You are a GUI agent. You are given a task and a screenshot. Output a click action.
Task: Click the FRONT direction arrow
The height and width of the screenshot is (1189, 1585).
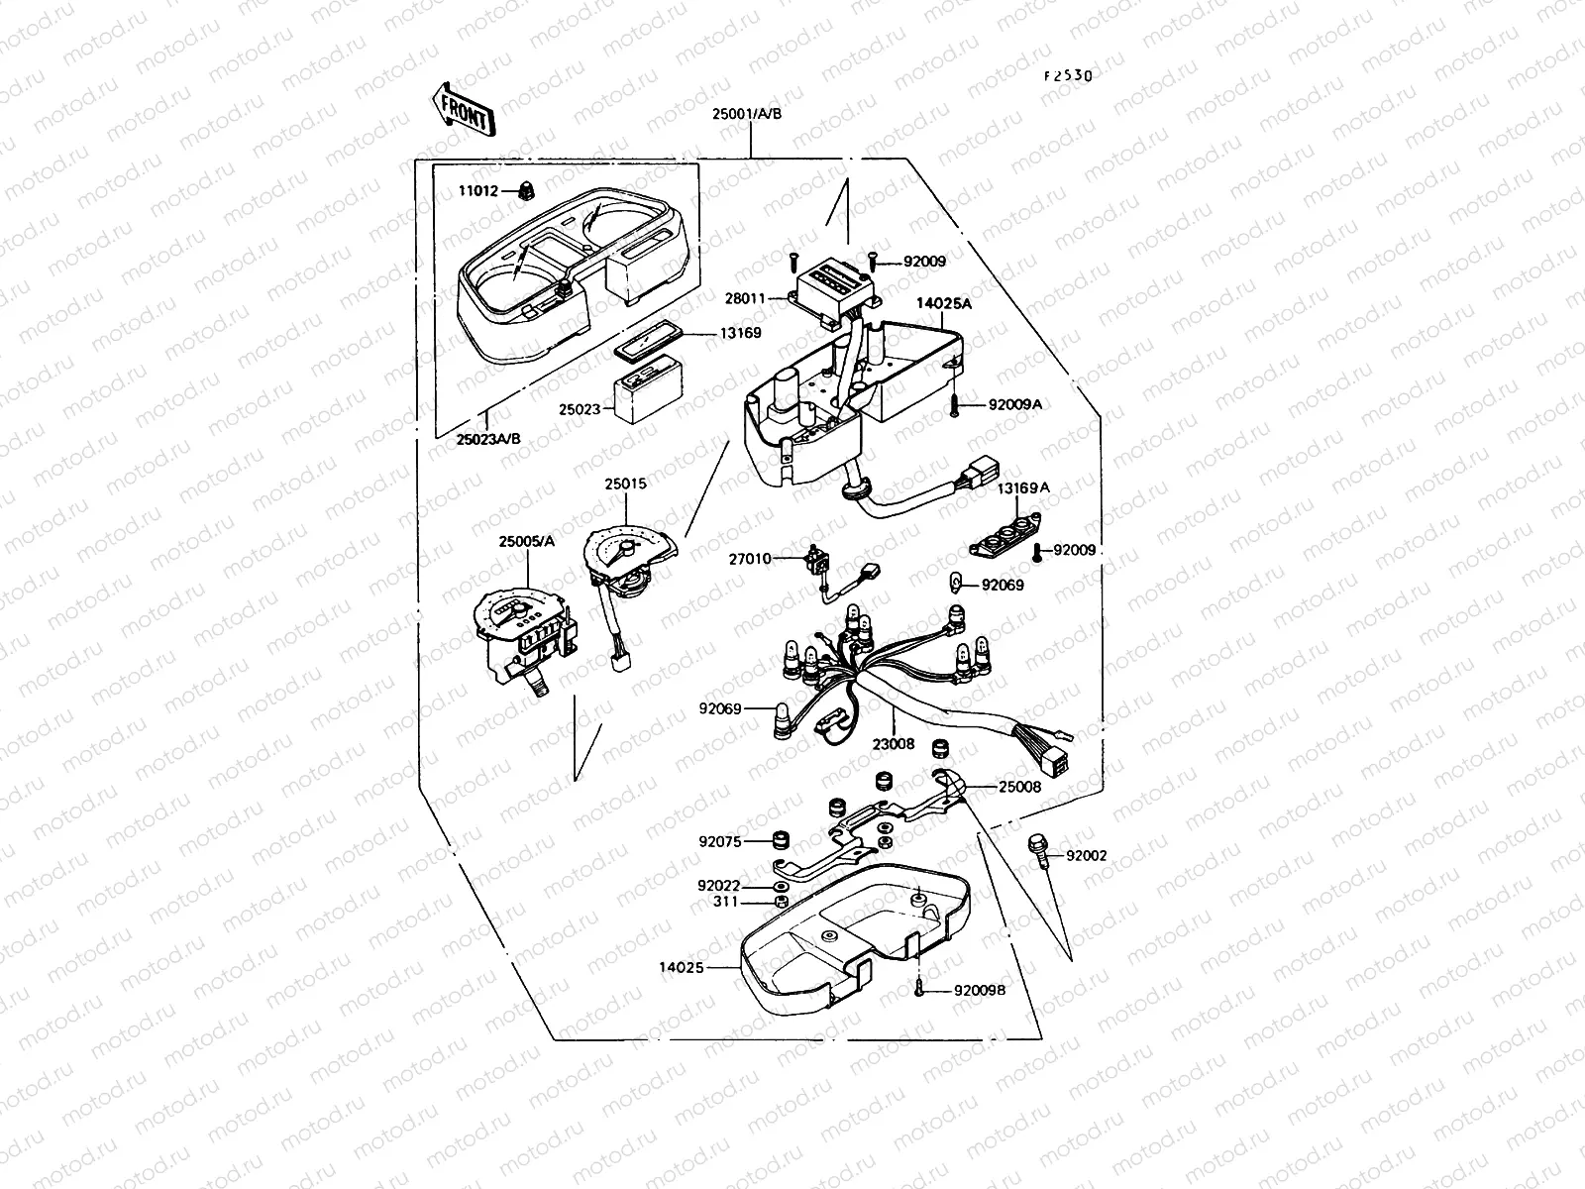point(463,108)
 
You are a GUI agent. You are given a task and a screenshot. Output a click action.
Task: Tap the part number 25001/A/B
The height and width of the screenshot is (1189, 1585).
point(746,113)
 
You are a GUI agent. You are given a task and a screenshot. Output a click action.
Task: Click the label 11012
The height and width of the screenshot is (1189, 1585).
point(477,191)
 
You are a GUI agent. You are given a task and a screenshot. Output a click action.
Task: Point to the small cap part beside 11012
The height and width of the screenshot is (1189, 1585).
point(525,188)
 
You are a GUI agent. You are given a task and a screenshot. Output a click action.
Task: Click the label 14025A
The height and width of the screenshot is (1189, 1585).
point(942,304)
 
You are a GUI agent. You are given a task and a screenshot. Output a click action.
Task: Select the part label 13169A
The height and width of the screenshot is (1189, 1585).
point(1023,487)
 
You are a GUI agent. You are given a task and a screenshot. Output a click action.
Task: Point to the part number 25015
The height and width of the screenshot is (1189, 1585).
point(625,484)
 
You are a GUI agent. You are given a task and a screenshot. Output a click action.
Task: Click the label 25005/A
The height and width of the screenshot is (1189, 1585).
point(527,541)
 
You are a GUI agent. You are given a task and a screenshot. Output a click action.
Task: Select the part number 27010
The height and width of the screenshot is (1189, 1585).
point(750,559)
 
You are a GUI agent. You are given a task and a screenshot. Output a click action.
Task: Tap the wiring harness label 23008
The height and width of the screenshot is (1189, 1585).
point(895,742)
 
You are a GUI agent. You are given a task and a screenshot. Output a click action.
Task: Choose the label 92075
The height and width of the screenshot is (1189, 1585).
point(719,842)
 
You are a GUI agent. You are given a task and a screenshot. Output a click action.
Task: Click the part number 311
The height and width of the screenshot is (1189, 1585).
point(726,902)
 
